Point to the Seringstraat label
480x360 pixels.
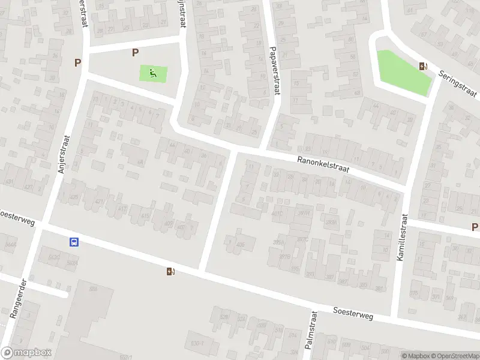pyautogui.click(x=457, y=83)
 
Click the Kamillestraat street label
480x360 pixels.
pyautogui.click(x=401, y=237)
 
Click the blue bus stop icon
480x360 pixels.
pyautogui.click(x=74, y=242)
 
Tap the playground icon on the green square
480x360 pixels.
pyautogui.click(x=153, y=74)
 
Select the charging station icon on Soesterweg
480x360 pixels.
pyautogui.click(x=171, y=271)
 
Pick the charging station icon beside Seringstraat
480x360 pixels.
pyautogui.click(x=424, y=67)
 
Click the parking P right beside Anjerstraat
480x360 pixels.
pyautogui.click(x=77, y=62)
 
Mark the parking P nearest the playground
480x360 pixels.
pyautogui.click(x=135, y=53)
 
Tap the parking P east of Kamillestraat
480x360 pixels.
pyautogui.click(x=475, y=227)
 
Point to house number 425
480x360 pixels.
pyautogui.click(x=74, y=197)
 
